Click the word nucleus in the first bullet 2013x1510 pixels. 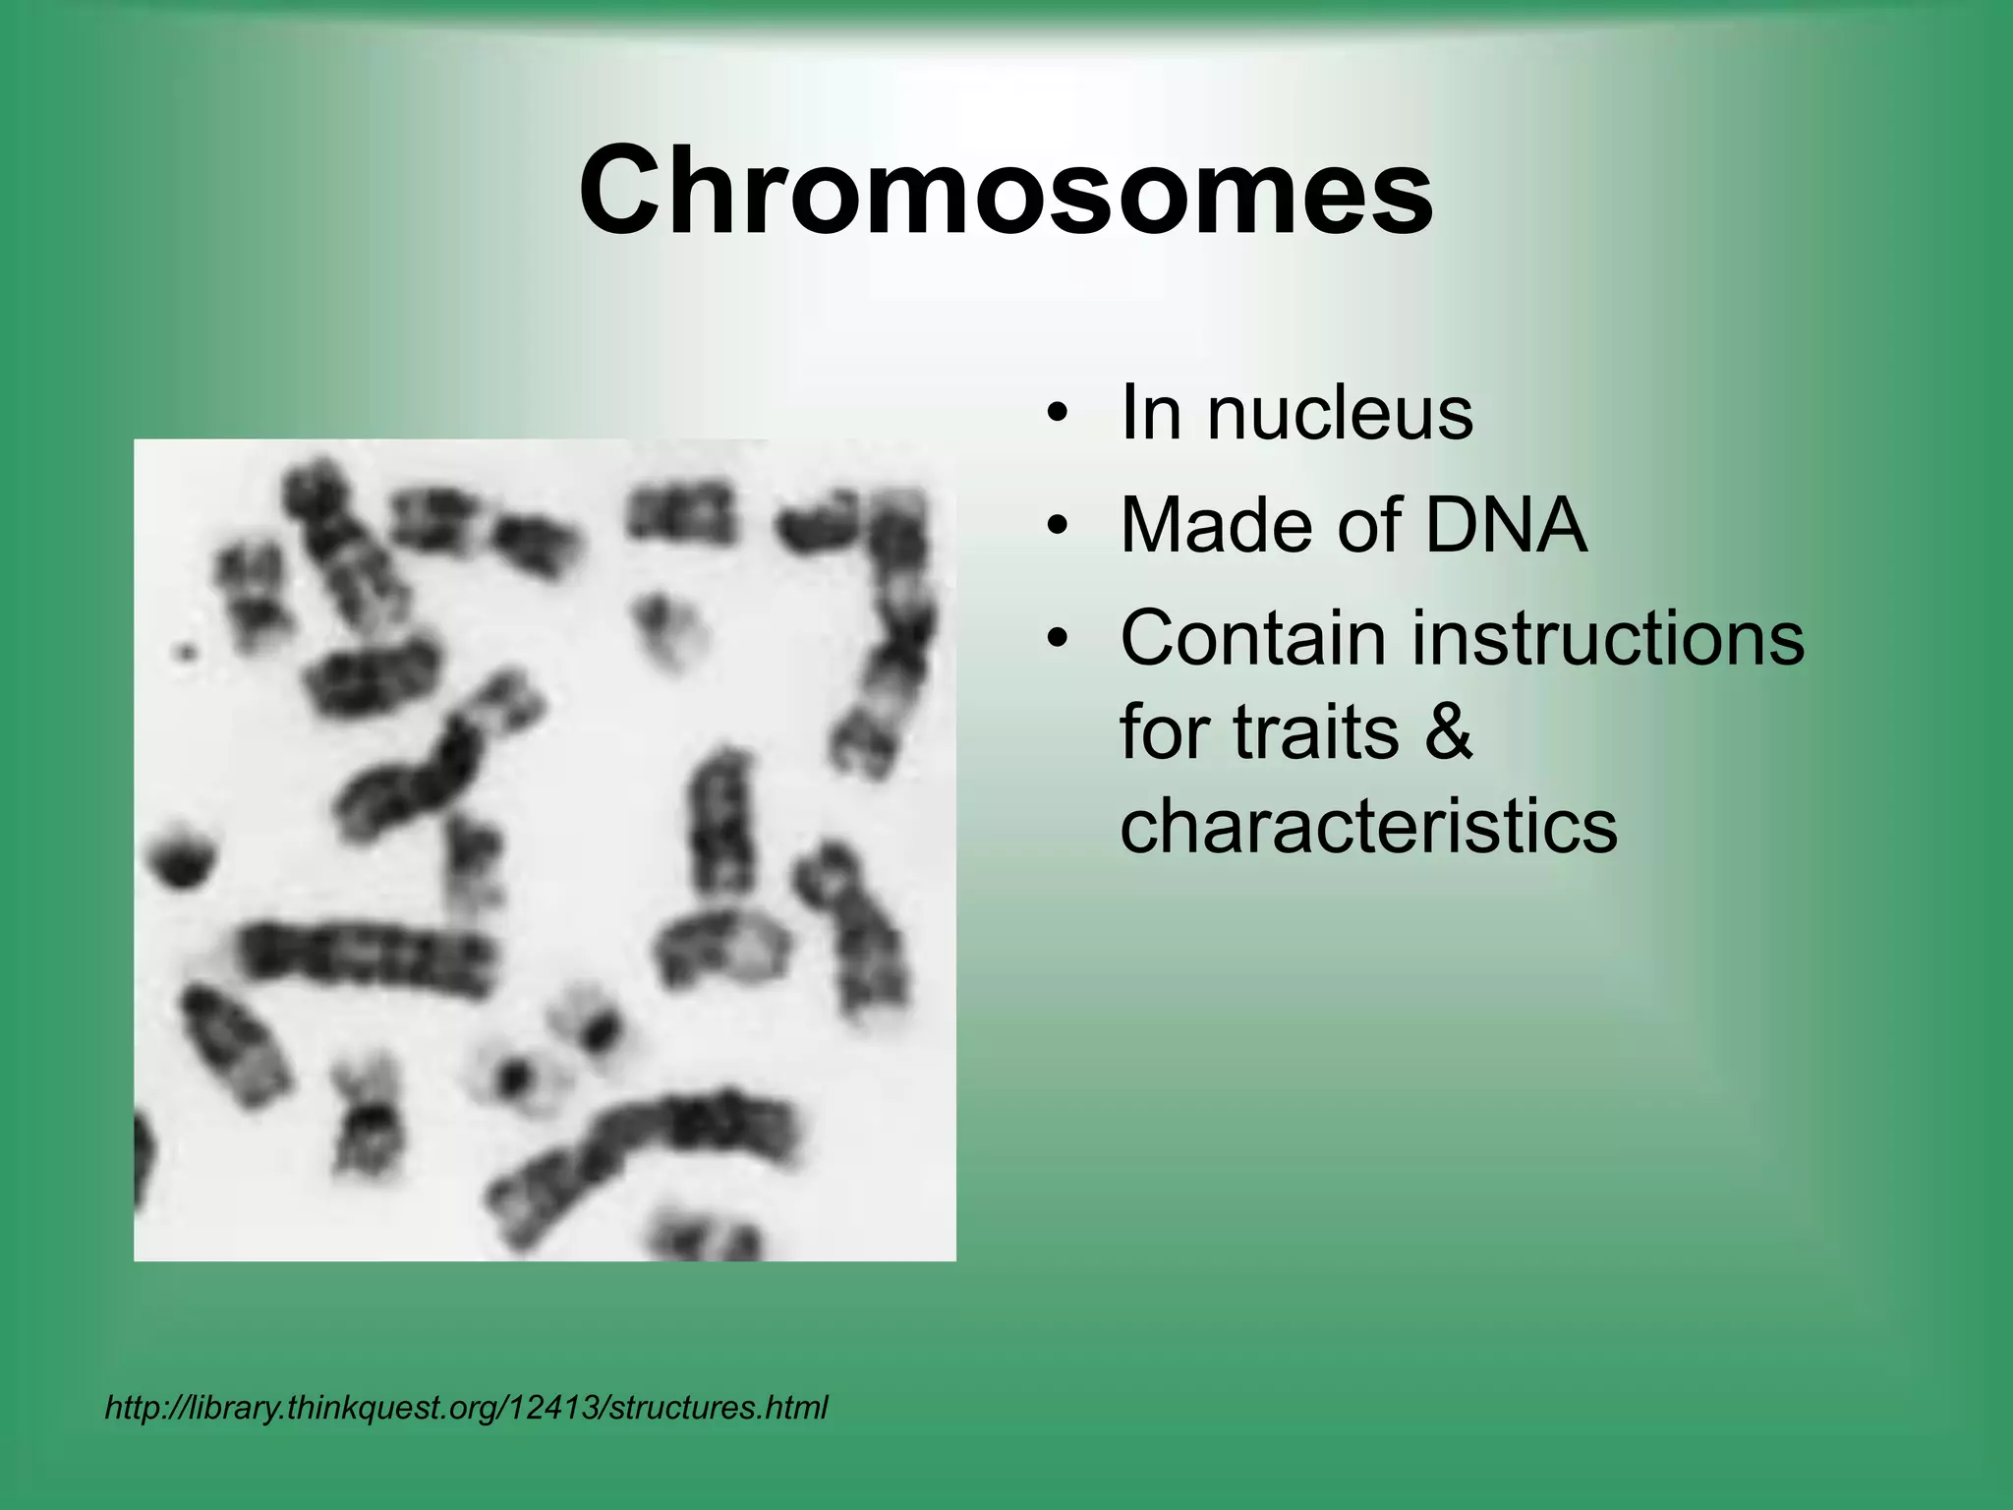tap(1340, 413)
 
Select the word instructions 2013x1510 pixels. tap(1608, 638)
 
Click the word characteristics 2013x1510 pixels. tap(1368, 825)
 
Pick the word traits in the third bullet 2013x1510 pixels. tap(1315, 732)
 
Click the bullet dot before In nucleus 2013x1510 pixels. tap(1057, 414)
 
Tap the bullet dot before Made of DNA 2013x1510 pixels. tap(1057, 527)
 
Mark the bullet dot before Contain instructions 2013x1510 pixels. tap(1057, 640)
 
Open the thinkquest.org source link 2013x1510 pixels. tap(466, 1408)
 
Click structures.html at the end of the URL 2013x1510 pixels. tap(719, 1407)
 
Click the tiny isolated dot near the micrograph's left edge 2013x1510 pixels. tap(185, 650)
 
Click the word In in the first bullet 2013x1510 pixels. tap(1150, 413)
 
